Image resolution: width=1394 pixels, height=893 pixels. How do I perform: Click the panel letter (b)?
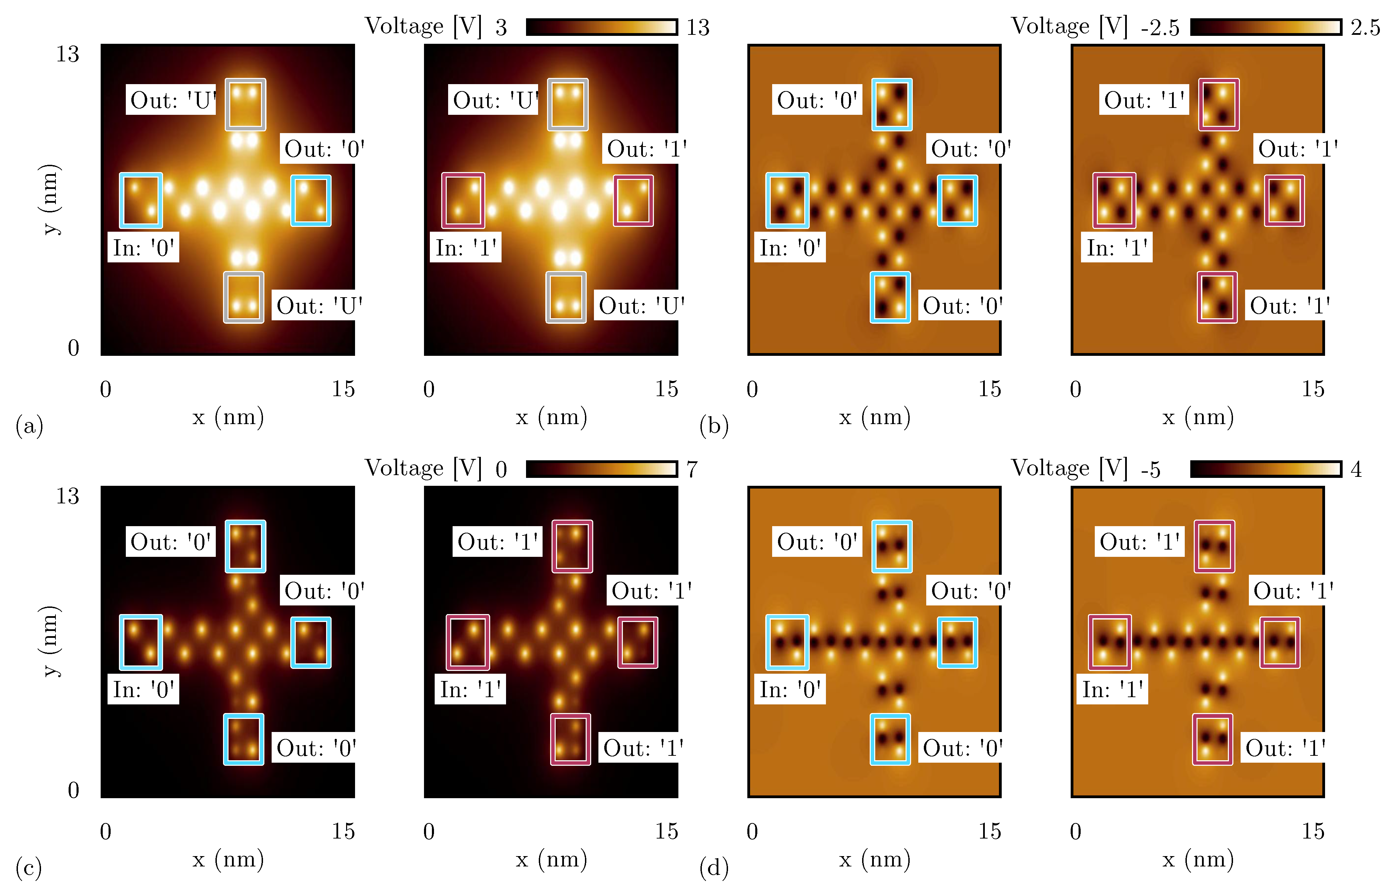(x=714, y=426)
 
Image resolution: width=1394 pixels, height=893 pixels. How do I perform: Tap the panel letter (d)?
(x=714, y=868)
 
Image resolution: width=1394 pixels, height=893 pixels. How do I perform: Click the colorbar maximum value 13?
(x=698, y=27)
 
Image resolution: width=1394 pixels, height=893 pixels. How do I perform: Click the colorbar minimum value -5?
(x=1151, y=469)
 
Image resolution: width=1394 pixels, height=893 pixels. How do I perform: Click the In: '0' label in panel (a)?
(x=143, y=248)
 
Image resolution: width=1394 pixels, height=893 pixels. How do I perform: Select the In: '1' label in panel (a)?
(x=465, y=248)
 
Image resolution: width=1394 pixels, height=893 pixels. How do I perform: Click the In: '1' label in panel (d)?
(x=1112, y=690)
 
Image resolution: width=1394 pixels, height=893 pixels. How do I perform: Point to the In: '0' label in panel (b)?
(x=789, y=248)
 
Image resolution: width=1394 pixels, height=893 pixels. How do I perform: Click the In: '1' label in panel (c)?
(x=470, y=690)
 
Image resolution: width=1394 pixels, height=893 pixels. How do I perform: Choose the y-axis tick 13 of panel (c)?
(x=67, y=496)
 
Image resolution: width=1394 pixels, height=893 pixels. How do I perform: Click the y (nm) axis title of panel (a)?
(x=51, y=200)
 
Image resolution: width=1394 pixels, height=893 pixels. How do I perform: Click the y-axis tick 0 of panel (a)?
(x=73, y=348)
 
